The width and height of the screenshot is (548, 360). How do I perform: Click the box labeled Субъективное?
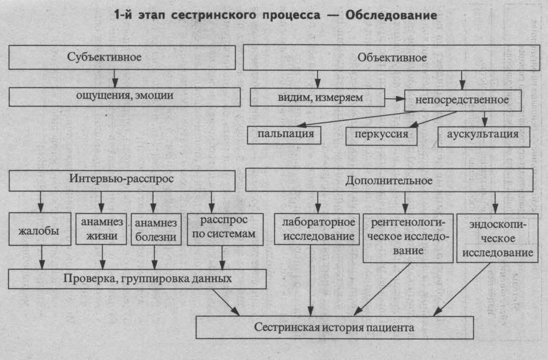[122, 57]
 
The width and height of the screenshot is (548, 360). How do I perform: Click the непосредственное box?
[463, 101]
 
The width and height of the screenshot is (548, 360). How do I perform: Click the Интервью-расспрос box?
[122, 179]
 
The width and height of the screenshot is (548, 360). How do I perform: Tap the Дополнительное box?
[389, 181]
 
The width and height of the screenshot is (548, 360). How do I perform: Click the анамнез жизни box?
[101, 229]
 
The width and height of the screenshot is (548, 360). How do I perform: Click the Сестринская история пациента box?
[334, 328]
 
